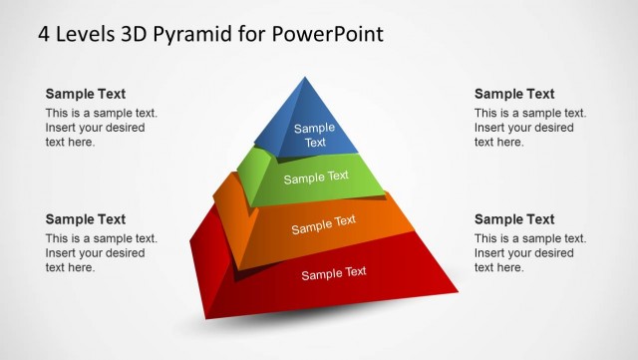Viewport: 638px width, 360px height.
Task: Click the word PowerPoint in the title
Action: pyautogui.click(x=323, y=34)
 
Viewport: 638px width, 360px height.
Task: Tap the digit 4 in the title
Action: pyautogui.click(x=44, y=34)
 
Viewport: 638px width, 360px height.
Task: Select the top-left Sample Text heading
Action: pyautogui.click(x=86, y=94)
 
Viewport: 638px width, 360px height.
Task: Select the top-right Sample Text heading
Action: pyautogui.click(x=514, y=94)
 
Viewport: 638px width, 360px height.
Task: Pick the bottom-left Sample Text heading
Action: pyautogui.click(x=86, y=219)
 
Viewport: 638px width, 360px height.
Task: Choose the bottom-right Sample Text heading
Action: pyautogui.click(x=514, y=219)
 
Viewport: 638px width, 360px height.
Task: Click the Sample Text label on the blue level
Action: pyautogui.click(x=315, y=135)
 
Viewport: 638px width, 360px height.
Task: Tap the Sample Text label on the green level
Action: pyautogui.click(x=316, y=178)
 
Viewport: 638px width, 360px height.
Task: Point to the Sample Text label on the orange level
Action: pyautogui.click(x=324, y=225)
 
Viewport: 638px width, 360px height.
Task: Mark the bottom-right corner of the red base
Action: pyautogui.click(x=458, y=291)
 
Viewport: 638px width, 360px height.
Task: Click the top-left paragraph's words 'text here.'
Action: pyautogui.click(x=71, y=142)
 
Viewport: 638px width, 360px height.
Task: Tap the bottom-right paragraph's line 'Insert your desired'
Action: pyautogui.click(x=524, y=253)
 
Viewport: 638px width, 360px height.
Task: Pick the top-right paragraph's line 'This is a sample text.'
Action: pyautogui.click(x=530, y=114)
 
